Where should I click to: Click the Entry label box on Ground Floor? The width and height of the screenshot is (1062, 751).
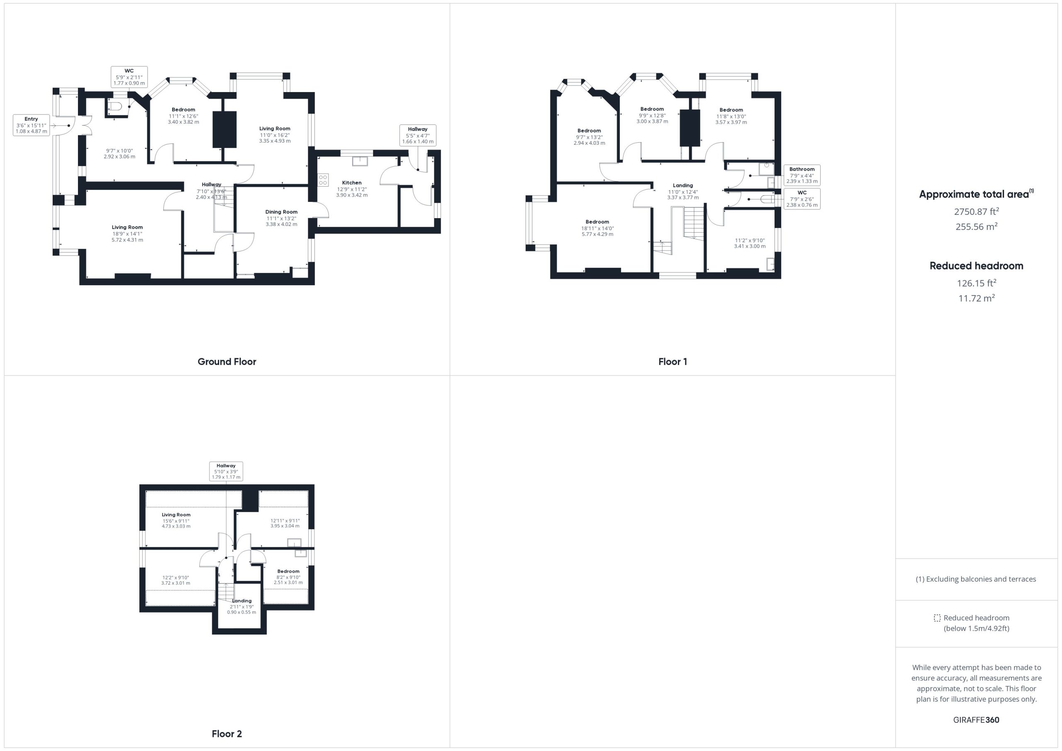coord(32,125)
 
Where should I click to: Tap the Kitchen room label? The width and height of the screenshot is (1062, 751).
coord(352,182)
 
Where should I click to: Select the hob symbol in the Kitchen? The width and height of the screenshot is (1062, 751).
coord(323,180)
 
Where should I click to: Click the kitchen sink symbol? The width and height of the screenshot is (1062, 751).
coord(360,161)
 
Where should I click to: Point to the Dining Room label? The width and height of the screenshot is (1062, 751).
coord(281,212)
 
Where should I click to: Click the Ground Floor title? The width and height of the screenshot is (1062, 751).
coord(227,362)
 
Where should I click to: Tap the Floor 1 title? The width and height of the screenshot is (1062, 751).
coord(672,362)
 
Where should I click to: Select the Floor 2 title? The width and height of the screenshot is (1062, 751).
coord(227,734)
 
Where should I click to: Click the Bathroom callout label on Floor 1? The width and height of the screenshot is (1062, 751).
coord(802,175)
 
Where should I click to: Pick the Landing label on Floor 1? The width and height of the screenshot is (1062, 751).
coord(683,185)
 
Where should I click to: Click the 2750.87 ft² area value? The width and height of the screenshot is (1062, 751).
coord(977,211)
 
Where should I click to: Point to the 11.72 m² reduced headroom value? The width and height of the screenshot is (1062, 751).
coord(977,298)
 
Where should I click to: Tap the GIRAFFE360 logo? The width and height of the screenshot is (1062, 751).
coord(976,720)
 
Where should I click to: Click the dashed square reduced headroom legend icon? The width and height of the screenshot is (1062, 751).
coord(937,618)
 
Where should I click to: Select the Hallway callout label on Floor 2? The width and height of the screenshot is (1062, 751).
coord(226,471)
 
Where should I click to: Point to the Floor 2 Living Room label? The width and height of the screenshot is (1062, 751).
coord(176,515)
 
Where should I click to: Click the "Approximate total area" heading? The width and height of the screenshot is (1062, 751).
coord(974,194)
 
